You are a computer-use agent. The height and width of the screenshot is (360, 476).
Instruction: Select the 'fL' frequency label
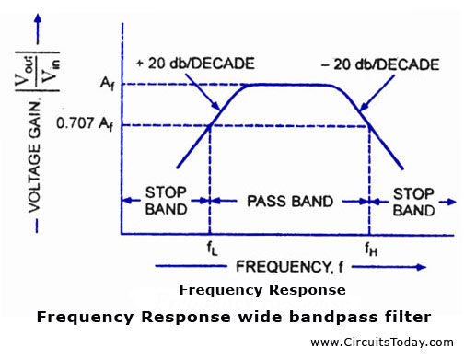[211, 247]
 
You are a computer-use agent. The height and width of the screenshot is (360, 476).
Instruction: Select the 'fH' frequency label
[369, 247]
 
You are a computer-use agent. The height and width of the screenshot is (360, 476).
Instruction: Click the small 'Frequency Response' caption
[262, 290]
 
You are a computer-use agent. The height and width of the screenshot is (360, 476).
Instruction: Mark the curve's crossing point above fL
[211, 124]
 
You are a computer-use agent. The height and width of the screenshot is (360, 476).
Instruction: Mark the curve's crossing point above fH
[369, 124]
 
